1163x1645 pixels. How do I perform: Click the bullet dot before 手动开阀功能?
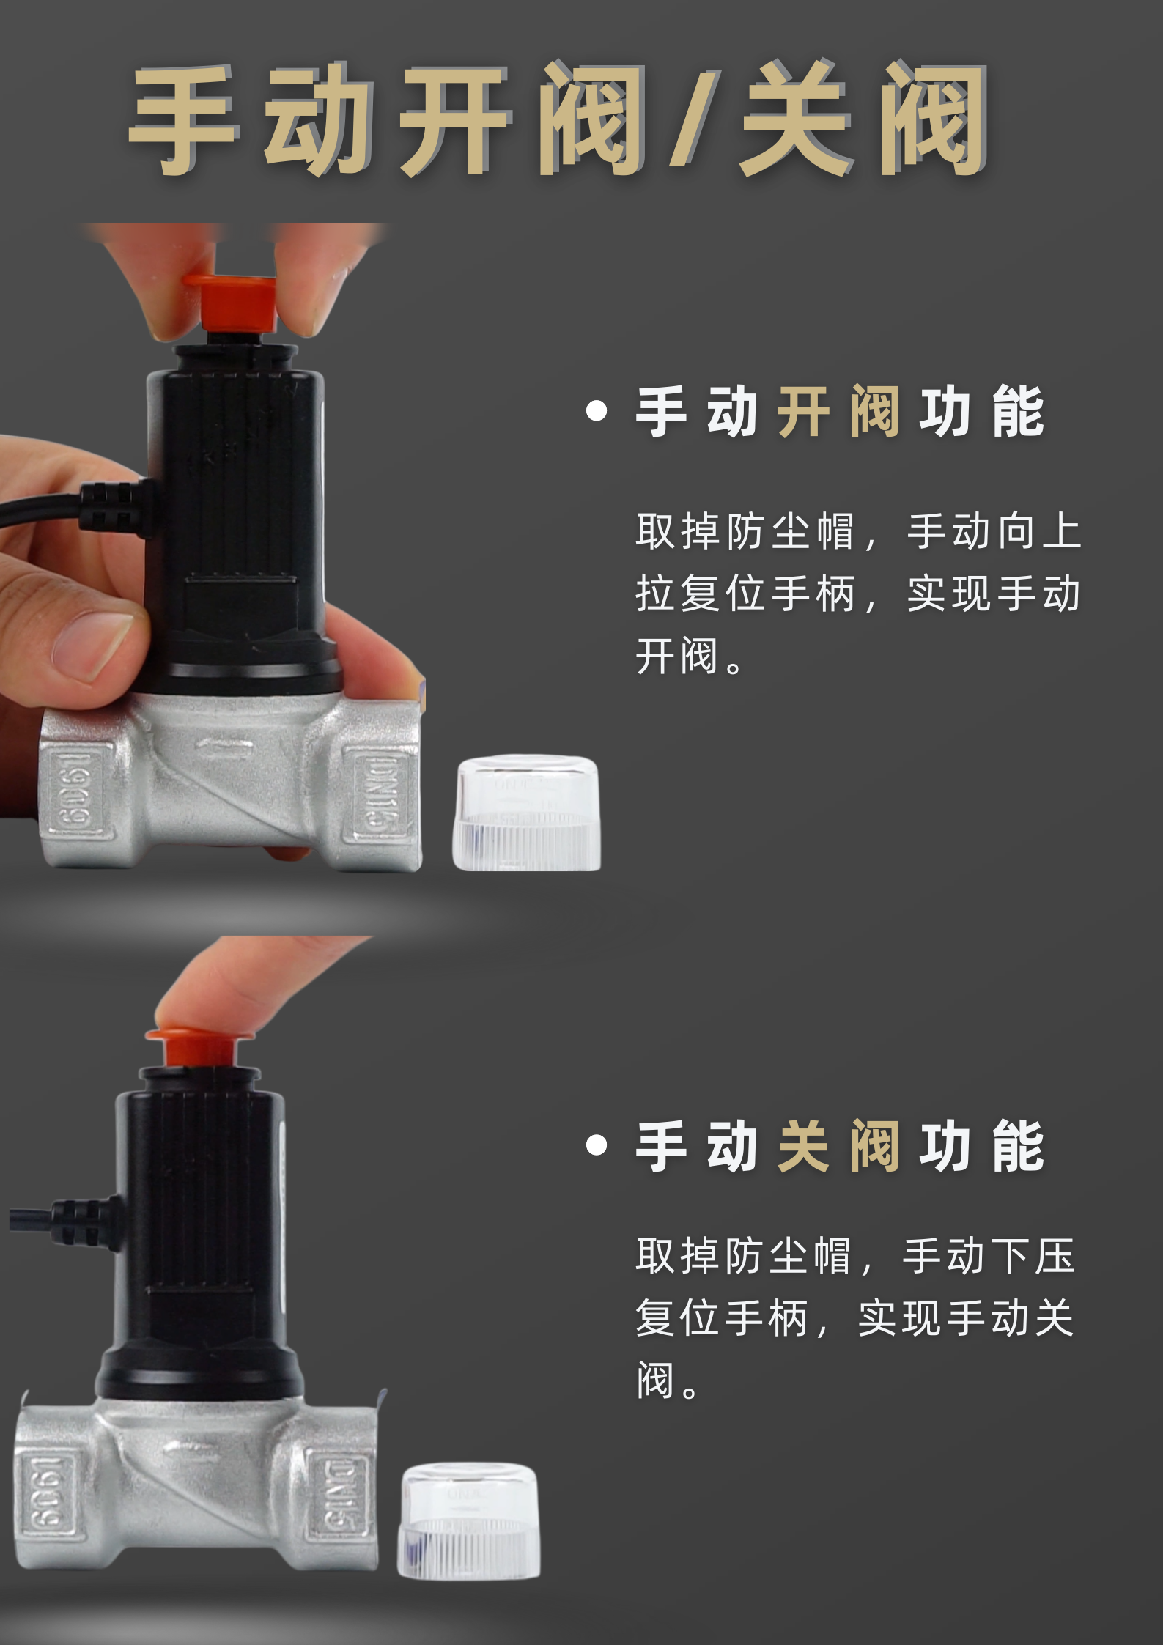(597, 411)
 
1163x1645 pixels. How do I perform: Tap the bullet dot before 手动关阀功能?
(597, 1145)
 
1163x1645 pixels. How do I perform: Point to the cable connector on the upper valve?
(114, 506)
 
